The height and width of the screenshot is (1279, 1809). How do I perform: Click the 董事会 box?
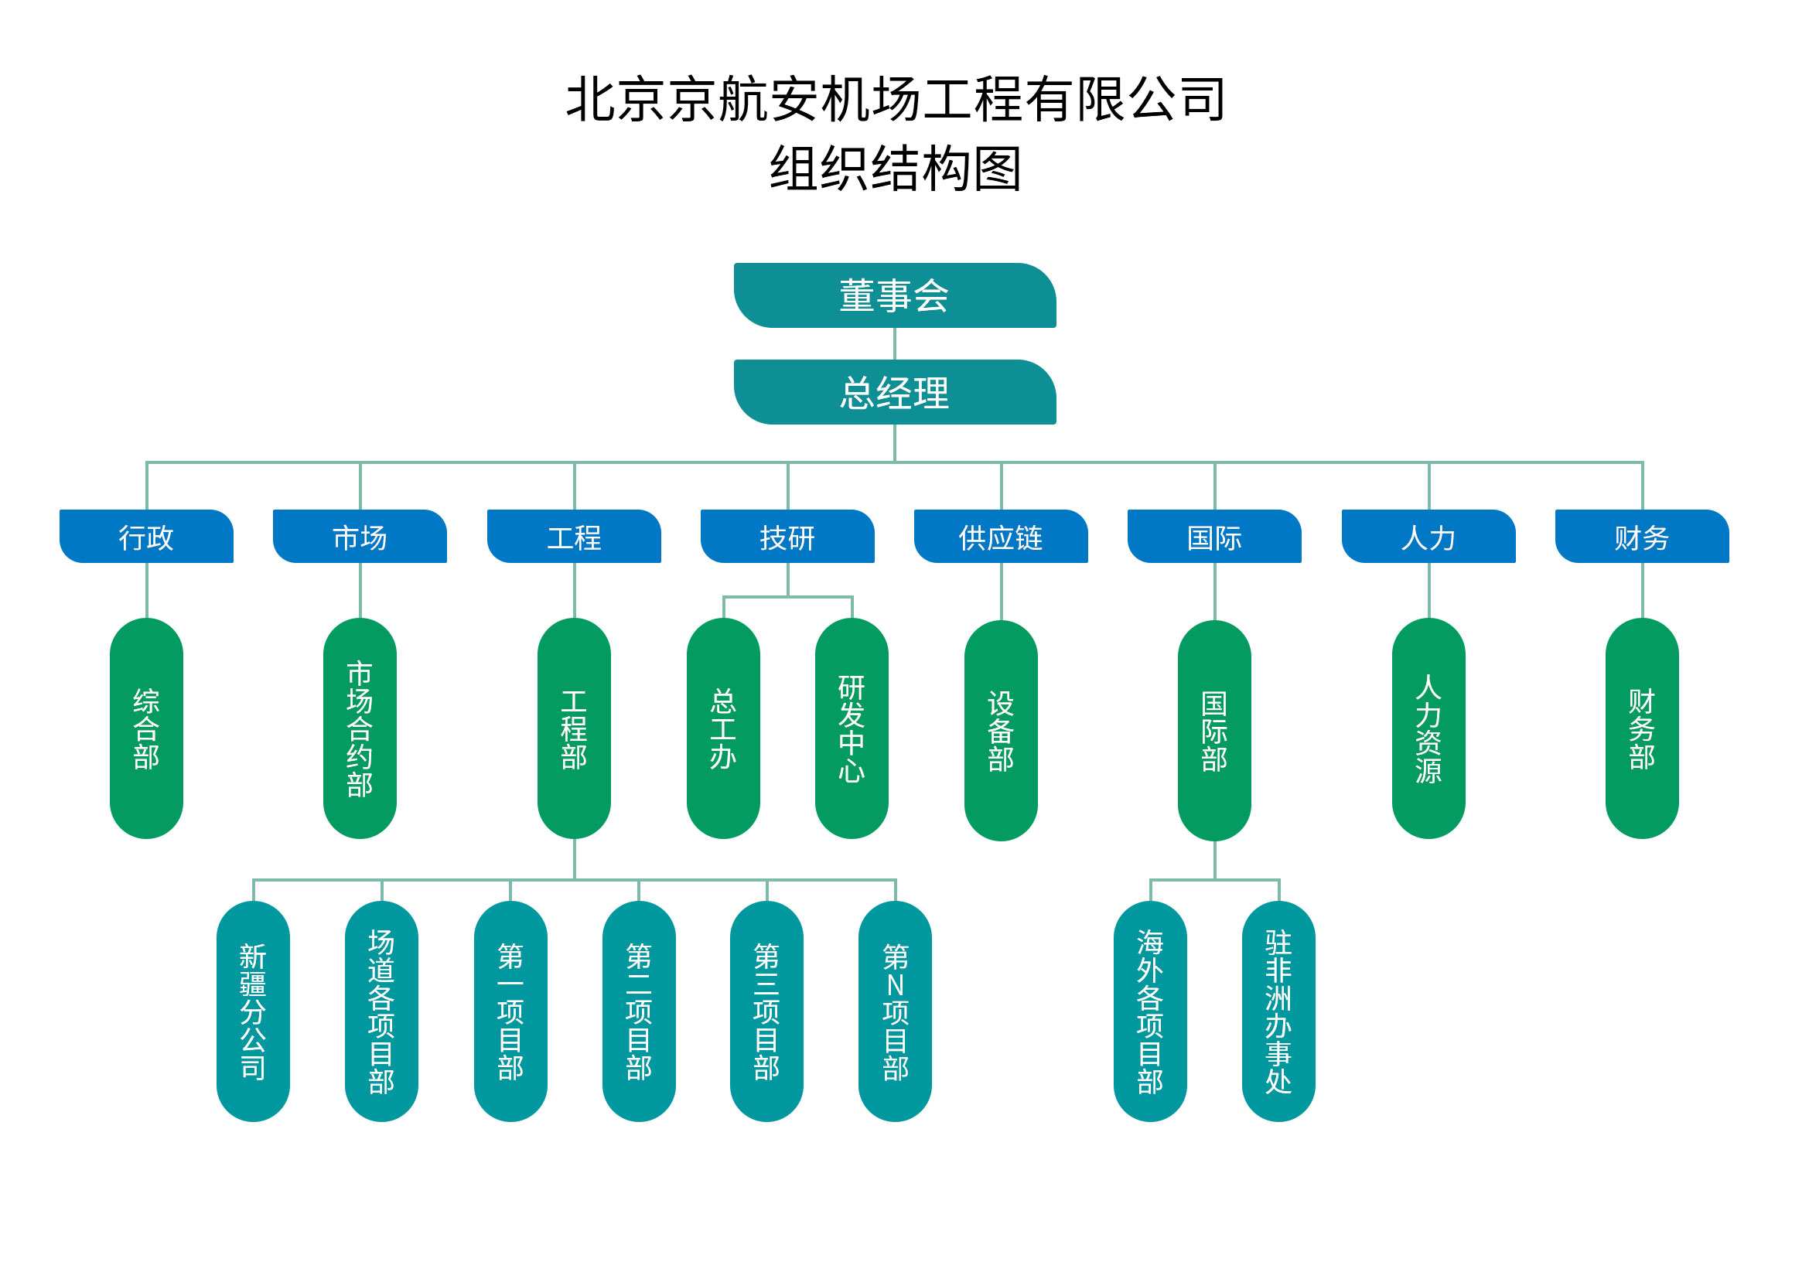point(894,295)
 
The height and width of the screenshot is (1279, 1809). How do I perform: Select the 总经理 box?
point(894,392)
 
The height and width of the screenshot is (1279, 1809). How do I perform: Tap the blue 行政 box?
point(146,537)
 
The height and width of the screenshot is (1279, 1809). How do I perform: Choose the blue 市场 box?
point(360,537)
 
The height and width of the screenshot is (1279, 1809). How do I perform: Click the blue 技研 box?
point(787,537)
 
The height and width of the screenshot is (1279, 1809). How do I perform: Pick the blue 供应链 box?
point(1001,537)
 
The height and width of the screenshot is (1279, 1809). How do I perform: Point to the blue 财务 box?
point(1642,537)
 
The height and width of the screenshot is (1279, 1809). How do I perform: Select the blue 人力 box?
point(1428,537)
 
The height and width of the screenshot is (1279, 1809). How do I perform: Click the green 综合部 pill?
point(146,728)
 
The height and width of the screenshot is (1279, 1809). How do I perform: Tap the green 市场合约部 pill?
point(360,728)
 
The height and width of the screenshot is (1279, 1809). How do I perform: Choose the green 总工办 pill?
point(723,728)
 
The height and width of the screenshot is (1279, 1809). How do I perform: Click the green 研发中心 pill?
point(852,728)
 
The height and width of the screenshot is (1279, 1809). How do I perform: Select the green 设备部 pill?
point(1001,731)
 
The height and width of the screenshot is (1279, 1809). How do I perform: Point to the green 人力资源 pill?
point(1428,728)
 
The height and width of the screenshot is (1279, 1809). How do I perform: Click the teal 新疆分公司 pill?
point(253,1011)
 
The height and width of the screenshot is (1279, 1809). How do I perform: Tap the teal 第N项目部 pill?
point(895,1011)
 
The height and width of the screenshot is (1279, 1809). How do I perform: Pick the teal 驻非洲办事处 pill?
point(1278,1011)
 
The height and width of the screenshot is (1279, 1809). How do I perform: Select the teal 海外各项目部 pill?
point(1150,1011)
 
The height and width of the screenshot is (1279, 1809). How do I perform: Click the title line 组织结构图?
point(895,169)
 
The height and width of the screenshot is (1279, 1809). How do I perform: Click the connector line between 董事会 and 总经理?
point(895,343)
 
